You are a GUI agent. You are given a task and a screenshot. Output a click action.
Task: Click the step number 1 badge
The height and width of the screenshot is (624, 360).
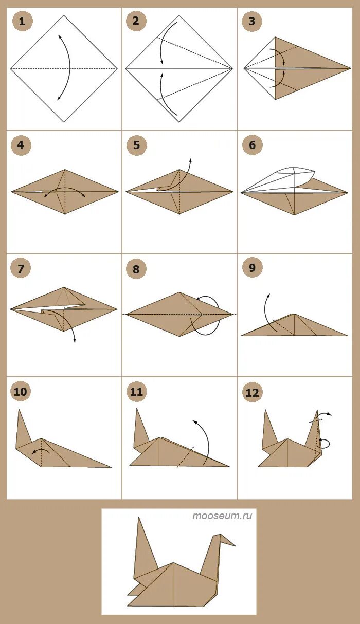coord(22,21)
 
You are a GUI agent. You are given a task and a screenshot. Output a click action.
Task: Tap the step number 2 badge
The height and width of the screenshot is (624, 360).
coord(136,21)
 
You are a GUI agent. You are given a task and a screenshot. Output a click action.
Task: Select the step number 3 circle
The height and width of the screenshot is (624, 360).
coord(251,21)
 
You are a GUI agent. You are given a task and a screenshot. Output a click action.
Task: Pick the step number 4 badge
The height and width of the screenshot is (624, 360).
coord(21,145)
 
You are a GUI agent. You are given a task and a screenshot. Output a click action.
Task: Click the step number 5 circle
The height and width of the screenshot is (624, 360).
coord(136,145)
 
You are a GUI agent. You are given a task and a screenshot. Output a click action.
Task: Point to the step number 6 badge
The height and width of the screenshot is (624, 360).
coord(252,145)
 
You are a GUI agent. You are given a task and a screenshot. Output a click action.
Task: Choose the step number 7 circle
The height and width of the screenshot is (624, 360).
coord(21,268)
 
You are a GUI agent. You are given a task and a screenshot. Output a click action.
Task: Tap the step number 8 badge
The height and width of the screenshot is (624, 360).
coord(136,269)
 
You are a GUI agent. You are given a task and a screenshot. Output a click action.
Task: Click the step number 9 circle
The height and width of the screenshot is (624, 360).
coord(252,268)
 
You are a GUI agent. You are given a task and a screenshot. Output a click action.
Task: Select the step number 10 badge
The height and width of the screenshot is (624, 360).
coord(21,392)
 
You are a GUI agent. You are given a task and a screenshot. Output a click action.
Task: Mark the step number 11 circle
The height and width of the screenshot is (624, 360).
coord(136,392)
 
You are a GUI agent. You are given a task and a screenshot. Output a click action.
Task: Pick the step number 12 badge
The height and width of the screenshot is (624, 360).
coord(252,392)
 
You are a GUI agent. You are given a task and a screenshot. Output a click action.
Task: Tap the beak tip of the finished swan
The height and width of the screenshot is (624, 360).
coord(236,545)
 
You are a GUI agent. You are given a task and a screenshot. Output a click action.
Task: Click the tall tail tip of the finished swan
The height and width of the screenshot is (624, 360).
coord(139,518)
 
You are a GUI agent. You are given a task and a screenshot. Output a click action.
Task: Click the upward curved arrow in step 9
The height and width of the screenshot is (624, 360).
coord(265,312)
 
